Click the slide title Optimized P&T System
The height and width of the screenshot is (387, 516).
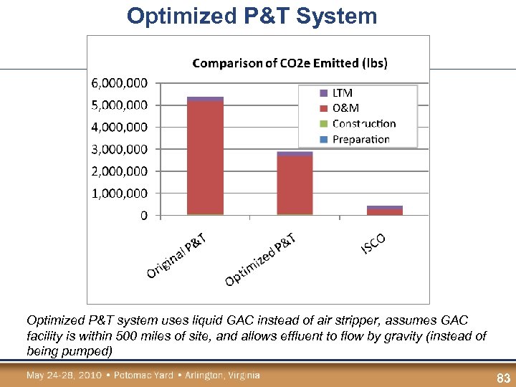coord(252,16)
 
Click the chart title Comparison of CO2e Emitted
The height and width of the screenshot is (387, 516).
coord(290,63)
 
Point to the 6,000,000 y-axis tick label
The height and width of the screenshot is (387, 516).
coord(120,83)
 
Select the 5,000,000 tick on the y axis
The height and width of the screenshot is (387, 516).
coord(120,105)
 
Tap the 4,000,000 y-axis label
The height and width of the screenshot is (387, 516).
coord(120,127)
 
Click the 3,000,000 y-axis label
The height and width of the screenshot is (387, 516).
coord(120,149)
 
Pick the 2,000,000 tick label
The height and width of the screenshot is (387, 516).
coord(120,171)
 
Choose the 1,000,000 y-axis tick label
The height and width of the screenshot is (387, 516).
coord(120,193)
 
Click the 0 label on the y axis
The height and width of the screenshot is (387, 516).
coord(144,215)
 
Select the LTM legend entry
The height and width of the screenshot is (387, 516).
coord(342,93)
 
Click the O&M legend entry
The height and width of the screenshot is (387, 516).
coord(345,108)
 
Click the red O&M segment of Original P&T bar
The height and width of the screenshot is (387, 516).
coord(205,158)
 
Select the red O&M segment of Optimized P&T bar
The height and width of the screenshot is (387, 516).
coord(295,185)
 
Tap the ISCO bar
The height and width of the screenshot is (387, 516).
coord(385,211)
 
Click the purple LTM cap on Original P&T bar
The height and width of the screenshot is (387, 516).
coord(205,99)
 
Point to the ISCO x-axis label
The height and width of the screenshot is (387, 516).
coord(373,244)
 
